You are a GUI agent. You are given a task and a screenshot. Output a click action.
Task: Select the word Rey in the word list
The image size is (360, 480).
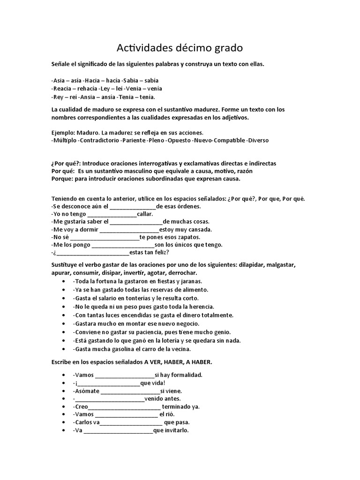[x=58, y=97]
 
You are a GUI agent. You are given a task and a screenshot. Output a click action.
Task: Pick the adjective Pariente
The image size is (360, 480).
[x=134, y=140]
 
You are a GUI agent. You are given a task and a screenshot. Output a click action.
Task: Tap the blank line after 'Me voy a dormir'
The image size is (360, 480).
[x=129, y=230]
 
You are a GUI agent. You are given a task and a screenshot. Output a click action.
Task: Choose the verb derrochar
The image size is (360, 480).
[x=183, y=273]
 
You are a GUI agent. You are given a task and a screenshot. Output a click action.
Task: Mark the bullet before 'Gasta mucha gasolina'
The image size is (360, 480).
[x=63, y=349]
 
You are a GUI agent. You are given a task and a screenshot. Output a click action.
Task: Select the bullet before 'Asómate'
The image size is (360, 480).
[x=63, y=390]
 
